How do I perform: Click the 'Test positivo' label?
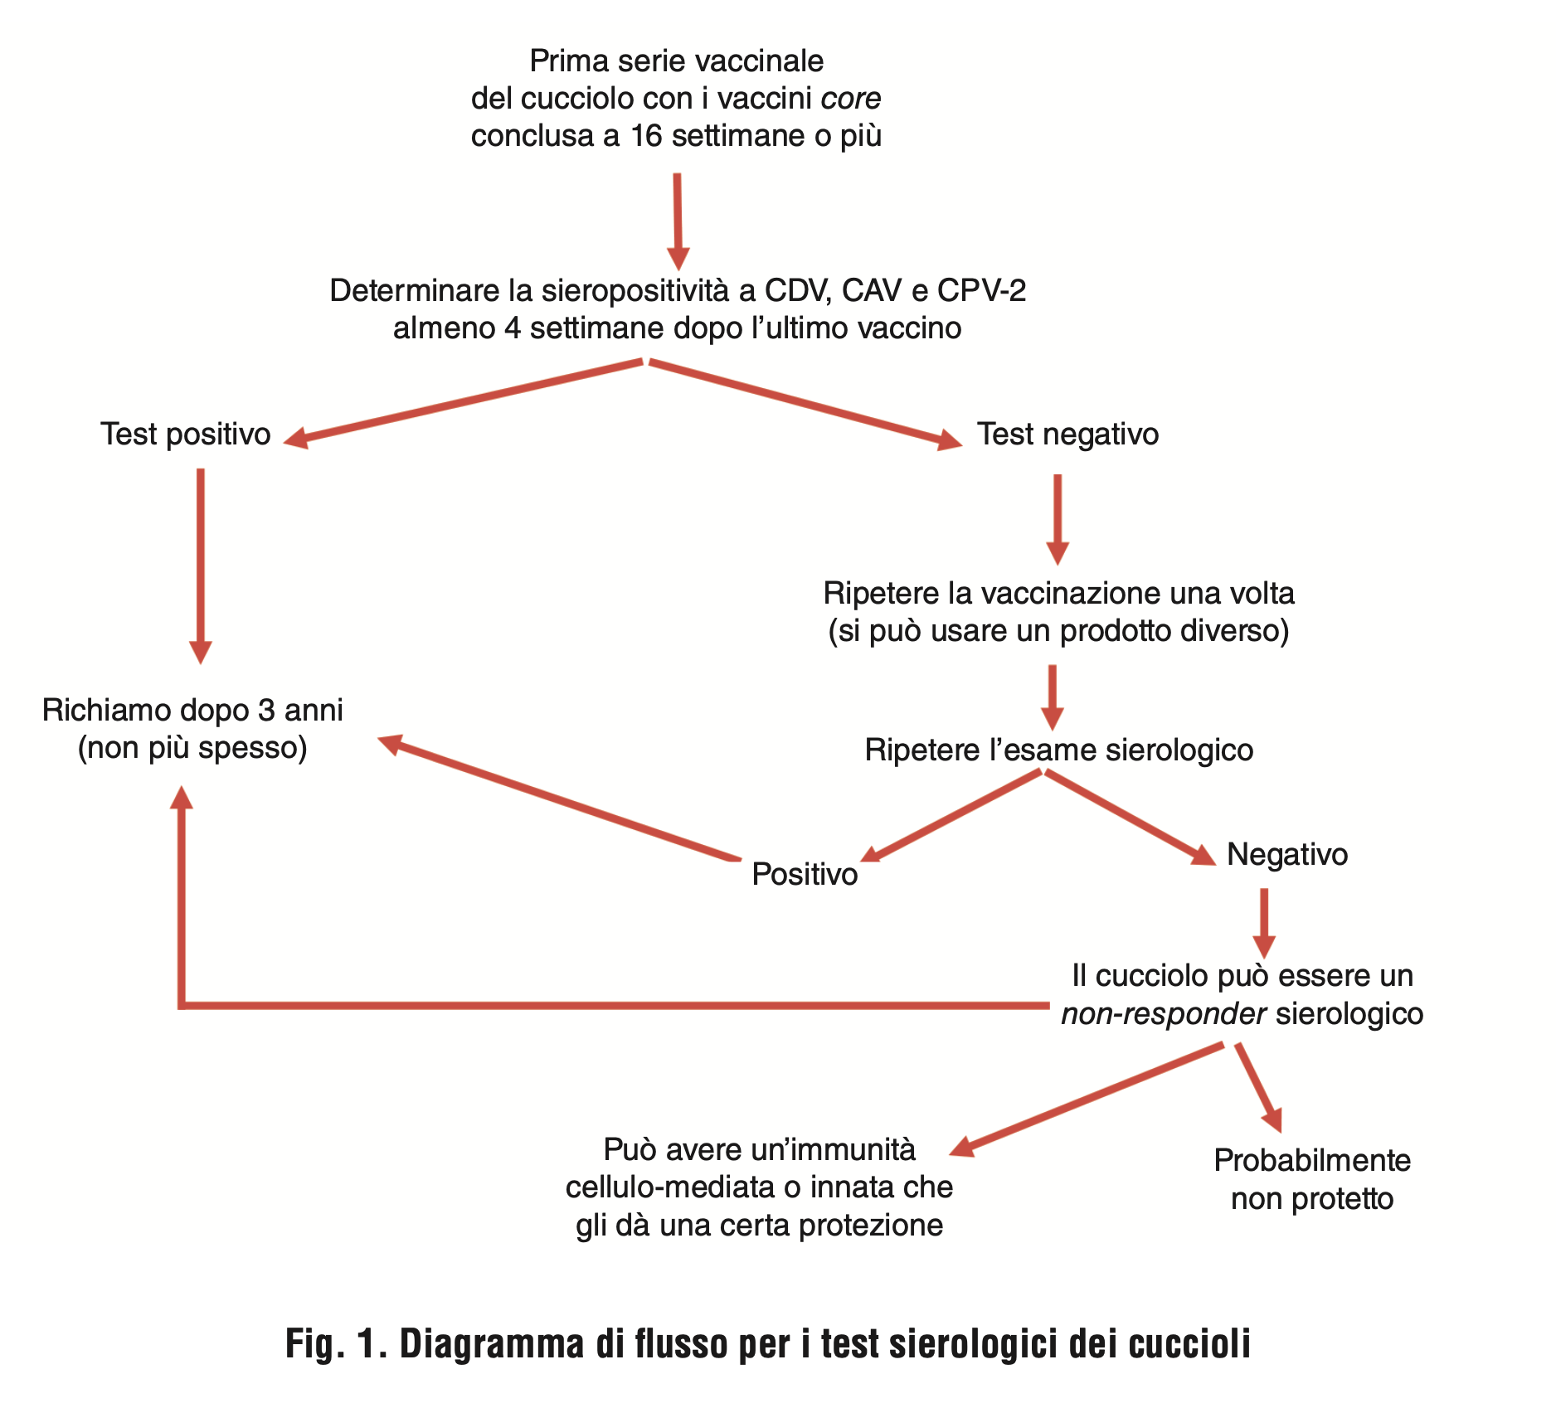coord(186,435)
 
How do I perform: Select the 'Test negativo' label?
coord(1067,435)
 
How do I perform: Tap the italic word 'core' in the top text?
coord(851,99)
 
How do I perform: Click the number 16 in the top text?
coord(646,136)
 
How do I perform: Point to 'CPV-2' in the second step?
coord(982,291)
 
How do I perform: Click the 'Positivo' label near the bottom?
coord(805,875)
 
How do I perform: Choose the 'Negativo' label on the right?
coord(1287,855)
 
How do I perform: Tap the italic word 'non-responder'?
coord(1164,1014)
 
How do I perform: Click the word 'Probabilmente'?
coord(1312,1161)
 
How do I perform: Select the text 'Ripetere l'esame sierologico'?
coord(1059,750)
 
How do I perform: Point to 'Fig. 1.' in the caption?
coord(336,1343)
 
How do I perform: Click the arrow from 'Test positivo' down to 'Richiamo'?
coord(201,566)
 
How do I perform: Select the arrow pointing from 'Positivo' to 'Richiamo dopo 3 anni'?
coord(558,797)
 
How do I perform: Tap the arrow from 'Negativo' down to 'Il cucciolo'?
coord(1264,924)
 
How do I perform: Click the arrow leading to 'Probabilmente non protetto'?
coord(1259,1088)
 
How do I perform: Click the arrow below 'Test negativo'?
coord(1058,520)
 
